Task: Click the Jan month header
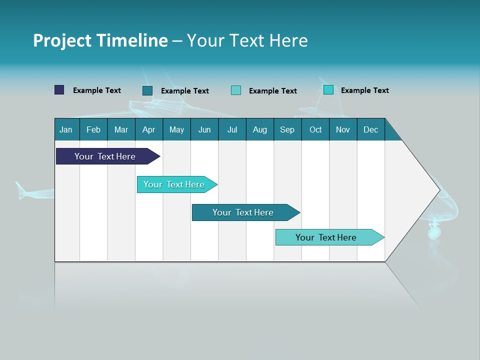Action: pyautogui.click(x=66, y=129)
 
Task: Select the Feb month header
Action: pyautogui.click(x=93, y=129)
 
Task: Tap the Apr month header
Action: pyautogui.click(x=148, y=129)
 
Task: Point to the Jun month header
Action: pyautogui.click(x=204, y=129)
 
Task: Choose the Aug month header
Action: pyautogui.click(x=259, y=129)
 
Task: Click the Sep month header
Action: pyautogui.click(x=287, y=129)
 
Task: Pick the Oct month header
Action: pyautogui.click(x=315, y=129)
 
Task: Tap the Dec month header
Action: pyautogui.click(x=370, y=129)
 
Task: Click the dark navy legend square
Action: pyautogui.click(x=59, y=90)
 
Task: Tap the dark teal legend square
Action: pyautogui.click(x=147, y=90)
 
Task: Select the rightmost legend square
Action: pyautogui.click(x=328, y=90)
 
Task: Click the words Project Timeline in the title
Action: pyautogui.click(x=100, y=40)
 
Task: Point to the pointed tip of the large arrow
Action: pyautogui.click(x=439, y=189)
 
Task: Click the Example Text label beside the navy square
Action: pyautogui.click(x=97, y=90)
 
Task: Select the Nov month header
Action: pyautogui.click(x=343, y=129)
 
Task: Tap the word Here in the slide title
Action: pyautogui.click(x=288, y=40)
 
